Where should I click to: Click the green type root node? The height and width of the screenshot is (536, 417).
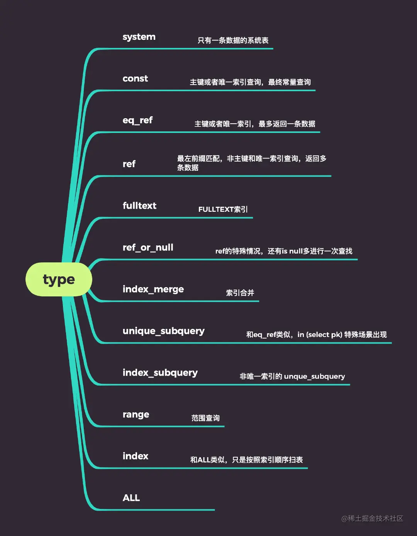point(59,279)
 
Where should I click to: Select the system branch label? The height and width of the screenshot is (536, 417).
point(139,37)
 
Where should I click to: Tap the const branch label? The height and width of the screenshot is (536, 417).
point(135,79)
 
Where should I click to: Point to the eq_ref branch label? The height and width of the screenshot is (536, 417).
point(137,121)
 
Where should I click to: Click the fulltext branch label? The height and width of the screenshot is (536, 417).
point(139,206)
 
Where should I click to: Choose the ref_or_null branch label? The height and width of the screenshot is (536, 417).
point(148,248)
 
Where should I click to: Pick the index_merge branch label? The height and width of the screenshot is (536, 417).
point(153,289)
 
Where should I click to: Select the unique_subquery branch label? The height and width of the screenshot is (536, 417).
point(163,331)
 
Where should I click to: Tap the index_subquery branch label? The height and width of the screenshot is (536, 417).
point(160,373)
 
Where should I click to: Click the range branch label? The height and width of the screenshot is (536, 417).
point(136,415)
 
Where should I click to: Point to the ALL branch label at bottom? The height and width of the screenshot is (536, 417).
point(131,498)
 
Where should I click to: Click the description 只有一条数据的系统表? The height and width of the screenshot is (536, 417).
point(233,41)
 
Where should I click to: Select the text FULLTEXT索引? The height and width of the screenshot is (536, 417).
point(223,209)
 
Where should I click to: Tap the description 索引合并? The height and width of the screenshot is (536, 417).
point(240,293)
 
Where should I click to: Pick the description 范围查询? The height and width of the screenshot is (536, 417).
point(205,418)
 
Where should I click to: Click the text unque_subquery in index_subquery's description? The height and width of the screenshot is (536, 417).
point(314,376)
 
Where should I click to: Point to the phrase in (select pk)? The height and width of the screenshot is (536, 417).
point(320,335)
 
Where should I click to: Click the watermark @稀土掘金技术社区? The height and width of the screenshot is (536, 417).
point(372,519)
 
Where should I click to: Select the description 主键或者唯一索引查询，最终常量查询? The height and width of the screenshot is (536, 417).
point(250,82)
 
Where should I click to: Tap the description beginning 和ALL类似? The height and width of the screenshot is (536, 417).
point(246,460)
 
